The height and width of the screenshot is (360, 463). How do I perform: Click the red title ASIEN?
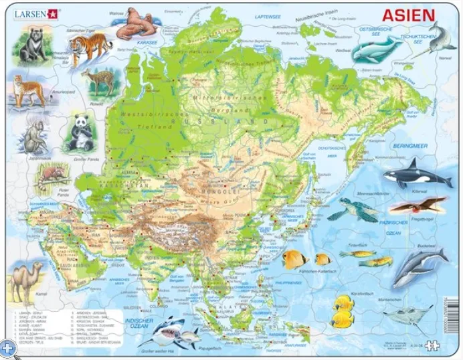pyautogui.click(x=407, y=16)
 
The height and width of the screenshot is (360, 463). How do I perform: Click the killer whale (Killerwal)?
pyautogui.click(x=415, y=175)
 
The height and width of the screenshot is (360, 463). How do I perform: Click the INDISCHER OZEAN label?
pyautogui.click(x=131, y=323)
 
